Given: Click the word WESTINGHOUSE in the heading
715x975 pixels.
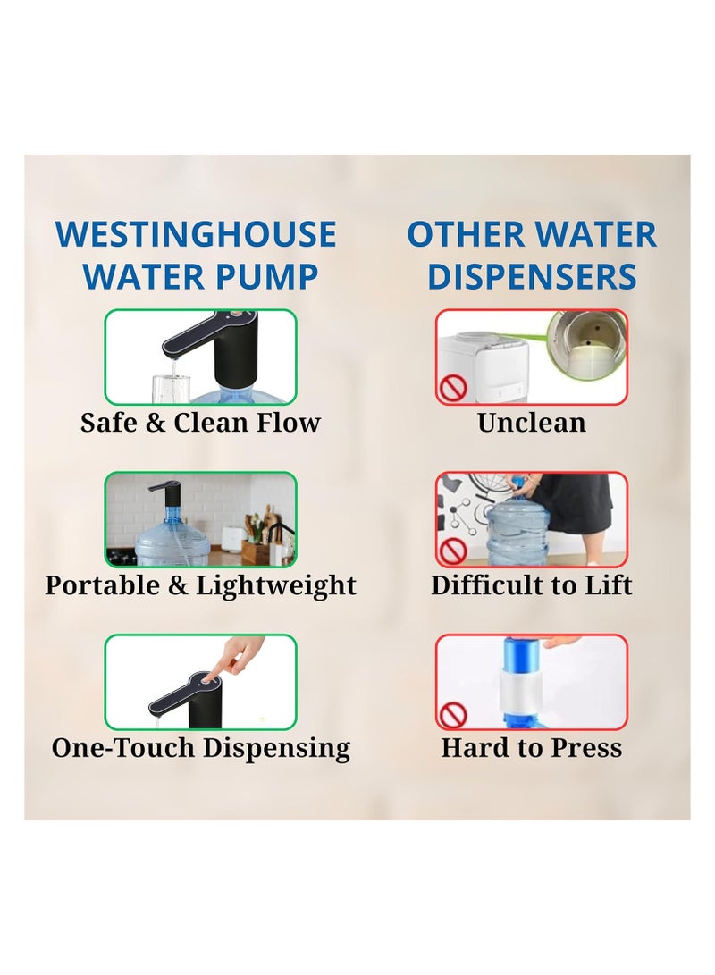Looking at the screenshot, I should (196, 234).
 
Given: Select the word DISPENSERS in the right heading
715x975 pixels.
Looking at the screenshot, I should (532, 276).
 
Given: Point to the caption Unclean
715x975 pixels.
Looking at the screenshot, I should (532, 422).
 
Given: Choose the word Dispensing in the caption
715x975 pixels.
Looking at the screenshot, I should (276, 748).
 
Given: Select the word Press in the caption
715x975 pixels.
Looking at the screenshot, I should (586, 747).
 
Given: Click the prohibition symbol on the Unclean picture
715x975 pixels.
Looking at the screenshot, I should (452, 389).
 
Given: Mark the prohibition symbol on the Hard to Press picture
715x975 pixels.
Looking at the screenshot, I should (453, 715).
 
